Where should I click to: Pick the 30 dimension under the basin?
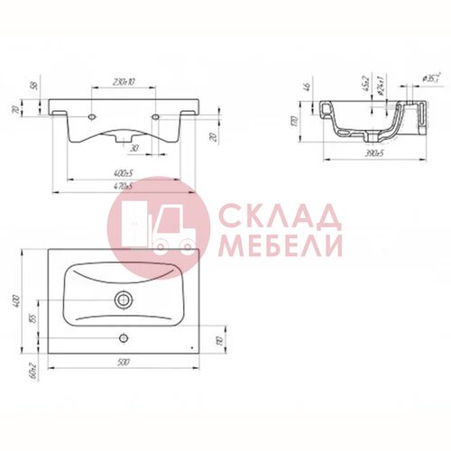click(x=133, y=148)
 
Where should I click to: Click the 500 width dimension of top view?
click(x=120, y=363)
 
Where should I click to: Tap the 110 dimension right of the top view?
click(x=218, y=341)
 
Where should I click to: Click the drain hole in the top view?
click(x=123, y=299)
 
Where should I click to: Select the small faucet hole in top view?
click(x=124, y=339)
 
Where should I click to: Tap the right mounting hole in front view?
click(x=158, y=117)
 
